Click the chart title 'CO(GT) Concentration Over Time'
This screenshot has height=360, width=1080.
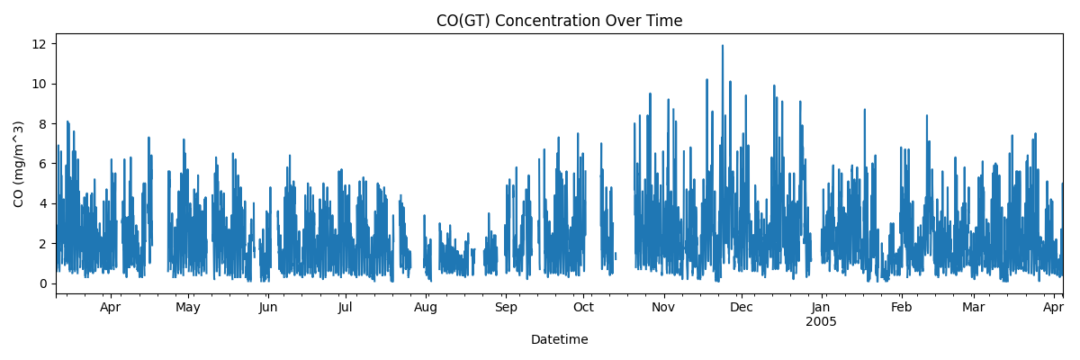559,21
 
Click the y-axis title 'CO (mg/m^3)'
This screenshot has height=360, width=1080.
19,164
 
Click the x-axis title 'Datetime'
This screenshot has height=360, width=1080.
559,340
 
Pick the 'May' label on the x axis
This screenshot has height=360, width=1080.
188,308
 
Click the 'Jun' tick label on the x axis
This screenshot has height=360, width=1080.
268,308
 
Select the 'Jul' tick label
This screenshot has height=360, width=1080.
346,308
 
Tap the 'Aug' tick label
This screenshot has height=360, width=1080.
426,308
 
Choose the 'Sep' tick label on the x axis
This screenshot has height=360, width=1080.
506,308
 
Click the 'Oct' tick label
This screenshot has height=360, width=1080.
583,308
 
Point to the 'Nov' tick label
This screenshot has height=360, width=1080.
663,308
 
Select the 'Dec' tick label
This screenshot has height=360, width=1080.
741,308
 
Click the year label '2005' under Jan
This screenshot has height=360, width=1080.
821,321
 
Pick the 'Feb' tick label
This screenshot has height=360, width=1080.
901,308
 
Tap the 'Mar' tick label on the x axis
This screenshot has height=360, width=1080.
973,308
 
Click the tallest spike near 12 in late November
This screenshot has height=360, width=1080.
722,47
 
